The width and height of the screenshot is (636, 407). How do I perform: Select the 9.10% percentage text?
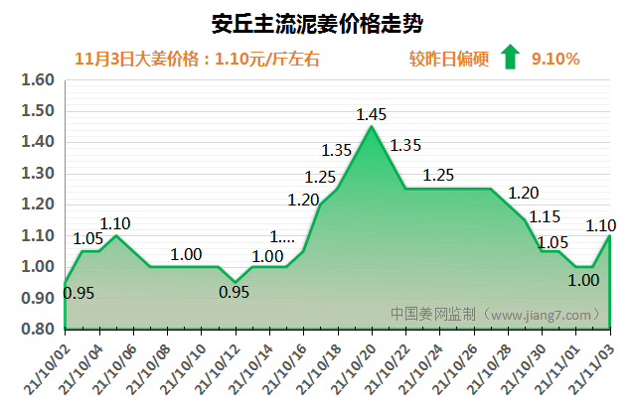tap(556, 59)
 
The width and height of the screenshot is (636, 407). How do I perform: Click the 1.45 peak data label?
tap(373, 114)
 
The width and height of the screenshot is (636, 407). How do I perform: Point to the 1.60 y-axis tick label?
tap(35, 79)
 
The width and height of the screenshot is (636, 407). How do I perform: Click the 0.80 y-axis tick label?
tap(35, 329)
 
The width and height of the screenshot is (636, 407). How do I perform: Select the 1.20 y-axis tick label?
tap(35, 204)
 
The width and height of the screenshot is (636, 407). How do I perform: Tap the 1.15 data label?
tap(545, 216)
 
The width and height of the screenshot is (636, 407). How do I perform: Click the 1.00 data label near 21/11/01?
tap(583, 280)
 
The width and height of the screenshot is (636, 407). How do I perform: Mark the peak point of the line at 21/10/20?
tap(372, 126)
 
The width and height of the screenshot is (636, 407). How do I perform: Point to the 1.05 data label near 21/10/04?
tap(89, 238)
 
